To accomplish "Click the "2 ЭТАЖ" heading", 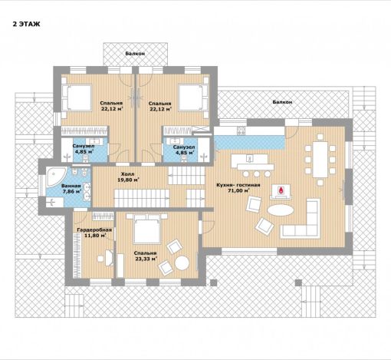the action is (26, 25).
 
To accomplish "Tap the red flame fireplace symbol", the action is (281, 190).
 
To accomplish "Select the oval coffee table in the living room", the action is (281, 210).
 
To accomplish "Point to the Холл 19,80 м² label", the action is (128, 177).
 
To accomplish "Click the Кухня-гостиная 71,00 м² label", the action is (238, 187).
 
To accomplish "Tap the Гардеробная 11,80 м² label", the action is (94, 233).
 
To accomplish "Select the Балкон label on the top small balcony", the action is (135, 54).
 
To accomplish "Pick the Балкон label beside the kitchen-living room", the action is (282, 102).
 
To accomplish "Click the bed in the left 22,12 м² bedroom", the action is (77, 98).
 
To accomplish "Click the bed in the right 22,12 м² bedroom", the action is (193, 98).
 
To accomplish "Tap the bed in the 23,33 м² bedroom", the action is (147, 230).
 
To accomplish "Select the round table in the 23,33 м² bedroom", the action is (182, 263).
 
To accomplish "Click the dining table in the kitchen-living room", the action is (320, 160).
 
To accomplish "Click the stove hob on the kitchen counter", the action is (241, 131).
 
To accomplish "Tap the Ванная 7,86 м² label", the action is (71, 189).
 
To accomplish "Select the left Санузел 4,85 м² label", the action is (84, 149).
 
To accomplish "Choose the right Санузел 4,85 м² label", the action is (184, 150).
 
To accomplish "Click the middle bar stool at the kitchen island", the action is (257, 174).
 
